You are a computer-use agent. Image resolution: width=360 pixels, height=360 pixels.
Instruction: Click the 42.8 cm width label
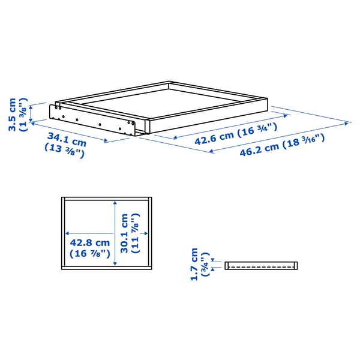coord(91,243)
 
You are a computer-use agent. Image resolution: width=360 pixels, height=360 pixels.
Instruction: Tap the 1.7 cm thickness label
coord(194,265)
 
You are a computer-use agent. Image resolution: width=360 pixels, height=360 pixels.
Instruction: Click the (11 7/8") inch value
coord(136,233)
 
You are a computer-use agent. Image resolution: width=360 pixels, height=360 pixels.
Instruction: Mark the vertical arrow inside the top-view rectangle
coord(114,231)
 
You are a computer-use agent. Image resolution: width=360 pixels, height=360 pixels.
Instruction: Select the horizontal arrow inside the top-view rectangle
coord(90,232)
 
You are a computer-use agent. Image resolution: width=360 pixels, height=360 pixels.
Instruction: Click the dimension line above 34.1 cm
coord(69,131)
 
